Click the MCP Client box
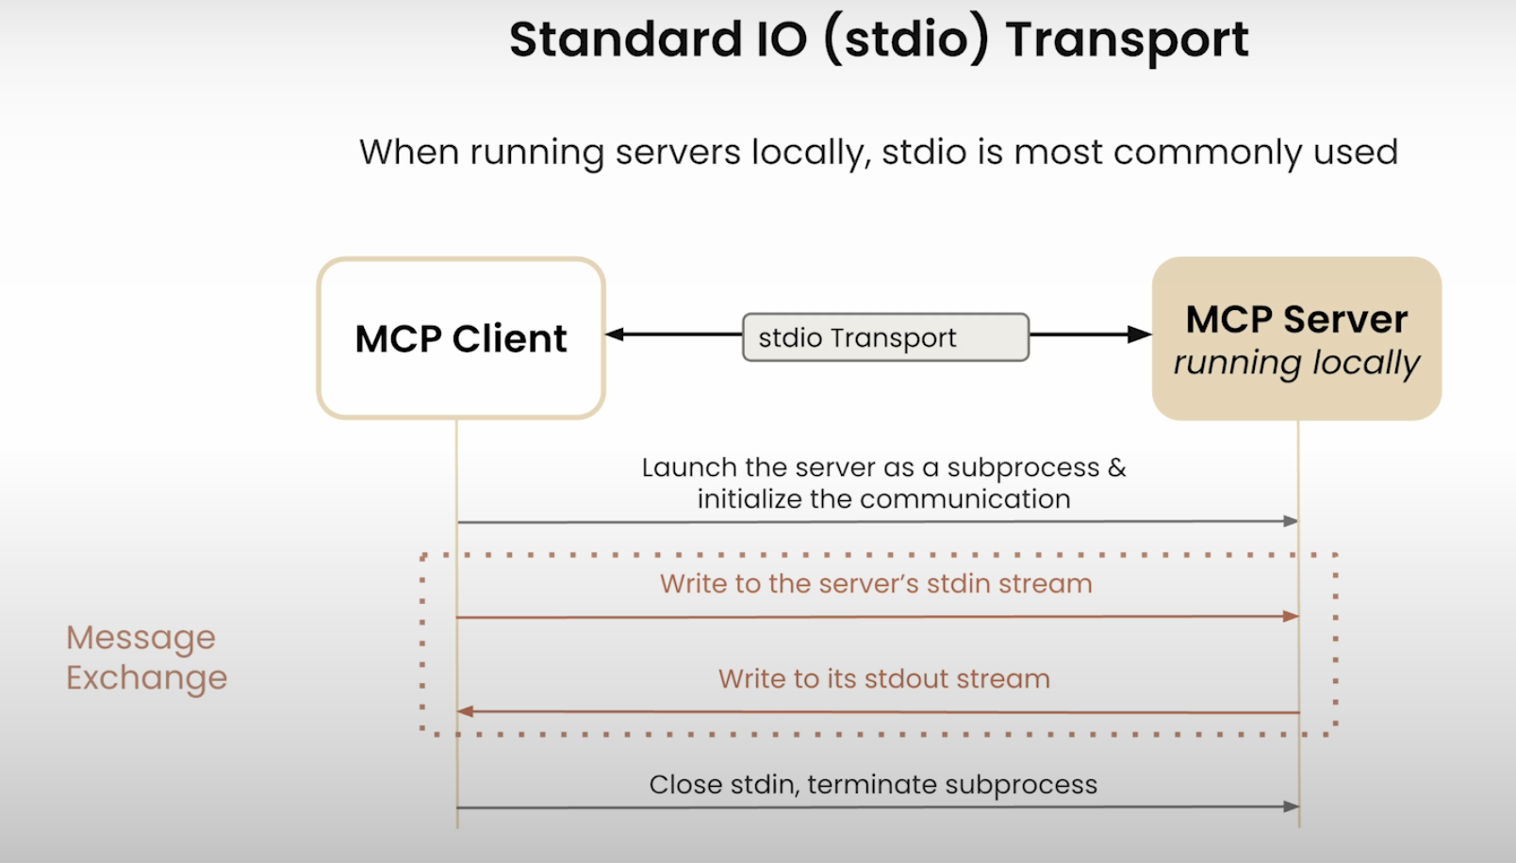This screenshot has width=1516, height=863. pos(460,338)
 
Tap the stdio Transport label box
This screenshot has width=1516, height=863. pos(885,337)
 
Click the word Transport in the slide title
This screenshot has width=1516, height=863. pos(1127,41)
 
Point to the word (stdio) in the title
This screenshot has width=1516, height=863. pos(906,41)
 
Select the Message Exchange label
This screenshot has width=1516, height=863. pos(146,658)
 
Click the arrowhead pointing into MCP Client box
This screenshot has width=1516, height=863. pos(616,334)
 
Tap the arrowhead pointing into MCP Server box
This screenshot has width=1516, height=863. pos(1140,334)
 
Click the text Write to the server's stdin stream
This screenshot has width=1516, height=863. pos(876,584)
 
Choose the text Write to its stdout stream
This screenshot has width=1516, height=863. pos(883,679)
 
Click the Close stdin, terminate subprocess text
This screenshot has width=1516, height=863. pos(873,785)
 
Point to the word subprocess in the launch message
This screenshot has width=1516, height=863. pos(1023,468)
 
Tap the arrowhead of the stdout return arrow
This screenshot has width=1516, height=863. pos(465,711)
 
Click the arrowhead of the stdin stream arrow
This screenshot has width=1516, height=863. pos(1291,616)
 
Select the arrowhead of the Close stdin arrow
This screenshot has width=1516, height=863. pos(1291,806)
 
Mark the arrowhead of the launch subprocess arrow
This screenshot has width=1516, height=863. pos(1291,521)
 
